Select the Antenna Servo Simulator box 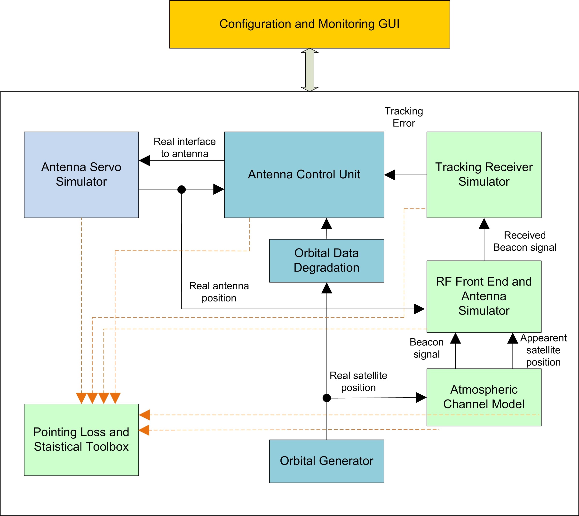[x=81, y=175]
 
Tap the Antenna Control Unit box [x=304, y=175]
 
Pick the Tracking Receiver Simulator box [x=484, y=175]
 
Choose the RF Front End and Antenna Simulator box [x=484, y=296]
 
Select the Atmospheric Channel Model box [x=484, y=397]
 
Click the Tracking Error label [x=404, y=117]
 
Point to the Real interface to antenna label [x=185, y=148]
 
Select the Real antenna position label [x=219, y=292]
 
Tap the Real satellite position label [x=358, y=382]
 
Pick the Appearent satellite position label [x=543, y=350]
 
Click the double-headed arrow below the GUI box [x=309, y=70]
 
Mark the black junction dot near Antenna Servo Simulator [x=182, y=190]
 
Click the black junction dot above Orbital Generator [x=327, y=398]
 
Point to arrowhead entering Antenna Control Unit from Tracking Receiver [x=390, y=175]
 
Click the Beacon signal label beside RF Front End [x=427, y=348]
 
